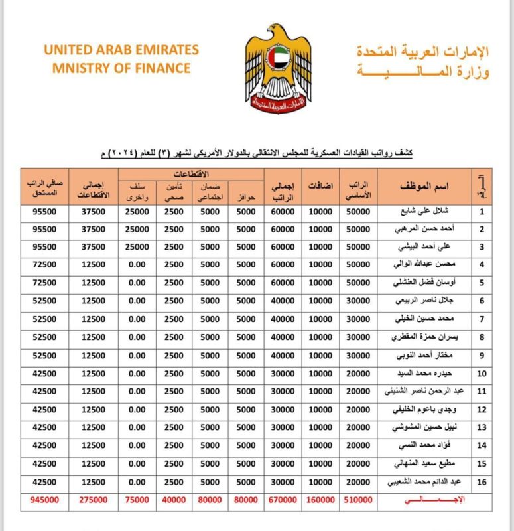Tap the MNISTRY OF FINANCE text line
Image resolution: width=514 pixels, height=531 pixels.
(x=117, y=68)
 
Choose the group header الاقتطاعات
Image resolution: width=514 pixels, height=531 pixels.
(x=192, y=174)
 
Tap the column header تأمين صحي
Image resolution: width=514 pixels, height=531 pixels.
(x=174, y=192)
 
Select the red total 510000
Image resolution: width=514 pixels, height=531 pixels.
(x=359, y=500)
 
